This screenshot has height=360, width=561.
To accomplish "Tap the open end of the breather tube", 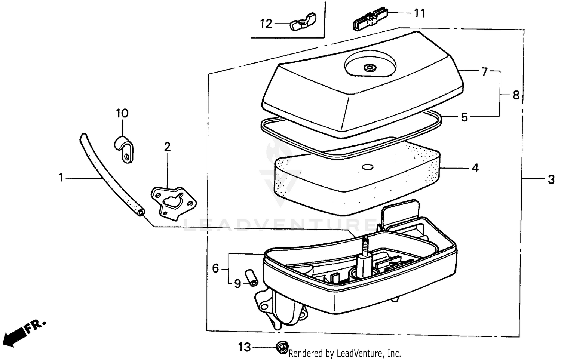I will [141, 212].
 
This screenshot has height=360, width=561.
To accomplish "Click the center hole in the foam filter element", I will [367, 166].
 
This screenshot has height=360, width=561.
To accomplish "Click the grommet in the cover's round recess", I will [370, 68].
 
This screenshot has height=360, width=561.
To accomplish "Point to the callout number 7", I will [485, 71].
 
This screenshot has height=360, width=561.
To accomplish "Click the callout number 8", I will [516, 95].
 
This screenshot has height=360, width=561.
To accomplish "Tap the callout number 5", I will [464, 117].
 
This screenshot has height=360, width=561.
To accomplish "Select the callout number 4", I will [475, 168].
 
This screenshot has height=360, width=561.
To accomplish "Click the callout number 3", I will [551, 179].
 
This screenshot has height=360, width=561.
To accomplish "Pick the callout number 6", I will [215, 268].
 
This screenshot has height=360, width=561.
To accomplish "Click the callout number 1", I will [61, 178].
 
